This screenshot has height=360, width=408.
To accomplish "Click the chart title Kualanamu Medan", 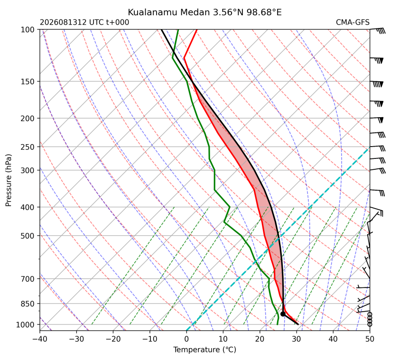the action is click(168, 12).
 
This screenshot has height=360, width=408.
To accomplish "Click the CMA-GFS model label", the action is click(352, 22).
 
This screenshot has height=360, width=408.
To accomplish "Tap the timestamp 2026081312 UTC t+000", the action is click(84, 22).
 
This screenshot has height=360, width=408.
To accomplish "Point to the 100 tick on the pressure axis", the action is click(28, 30).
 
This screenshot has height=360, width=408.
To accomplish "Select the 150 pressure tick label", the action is click(28, 82).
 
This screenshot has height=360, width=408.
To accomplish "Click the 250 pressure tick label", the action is click(28, 147).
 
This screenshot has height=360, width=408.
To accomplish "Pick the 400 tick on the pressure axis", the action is click(28, 207).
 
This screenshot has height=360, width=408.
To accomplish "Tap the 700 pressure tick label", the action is click(28, 279).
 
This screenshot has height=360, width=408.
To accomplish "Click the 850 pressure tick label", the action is click(28, 304).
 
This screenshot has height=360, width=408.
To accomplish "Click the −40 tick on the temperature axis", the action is click(40, 339).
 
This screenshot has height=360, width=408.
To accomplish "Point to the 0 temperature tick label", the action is click(186, 339).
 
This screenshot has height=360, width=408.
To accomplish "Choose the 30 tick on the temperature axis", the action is click(297, 339).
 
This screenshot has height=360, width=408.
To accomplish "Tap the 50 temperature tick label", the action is click(370, 339).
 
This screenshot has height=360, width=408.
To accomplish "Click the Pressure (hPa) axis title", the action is click(9, 180).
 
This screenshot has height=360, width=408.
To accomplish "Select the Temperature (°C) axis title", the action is click(205, 350).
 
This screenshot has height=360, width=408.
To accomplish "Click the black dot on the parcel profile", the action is click(283, 314).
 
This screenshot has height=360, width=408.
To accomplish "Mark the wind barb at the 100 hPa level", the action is click(378, 30).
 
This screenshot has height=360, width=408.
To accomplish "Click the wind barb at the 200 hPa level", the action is click(377, 120).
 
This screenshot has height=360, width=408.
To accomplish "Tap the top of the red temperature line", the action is click(197, 30).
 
